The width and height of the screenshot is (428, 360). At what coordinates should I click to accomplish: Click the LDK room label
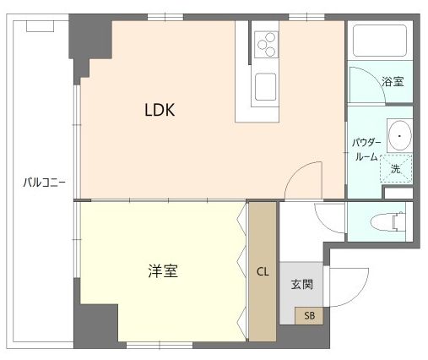click(x=160, y=110)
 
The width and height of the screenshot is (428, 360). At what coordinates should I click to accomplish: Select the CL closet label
click(x=262, y=271)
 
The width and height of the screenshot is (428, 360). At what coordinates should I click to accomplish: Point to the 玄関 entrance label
click(x=301, y=284)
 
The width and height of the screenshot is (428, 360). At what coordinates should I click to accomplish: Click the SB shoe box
click(x=308, y=316)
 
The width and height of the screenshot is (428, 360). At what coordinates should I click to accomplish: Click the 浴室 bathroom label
click(x=393, y=82)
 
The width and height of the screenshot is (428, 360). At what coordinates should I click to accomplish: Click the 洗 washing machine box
click(x=394, y=168)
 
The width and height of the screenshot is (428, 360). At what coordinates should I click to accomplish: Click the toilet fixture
click(x=389, y=221)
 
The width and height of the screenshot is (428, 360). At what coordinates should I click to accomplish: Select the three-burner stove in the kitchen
click(x=266, y=41)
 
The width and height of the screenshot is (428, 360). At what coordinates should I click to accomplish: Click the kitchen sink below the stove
click(x=266, y=85)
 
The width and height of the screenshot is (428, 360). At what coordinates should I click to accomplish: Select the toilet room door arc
click(x=329, y=215)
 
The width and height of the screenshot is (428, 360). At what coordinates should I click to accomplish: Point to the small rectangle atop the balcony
click(x=41, y=25)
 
